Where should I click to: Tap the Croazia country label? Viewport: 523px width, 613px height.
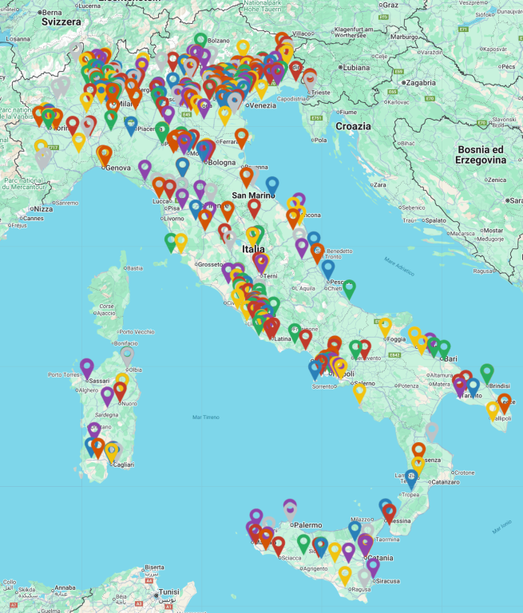click(x=353, y=126)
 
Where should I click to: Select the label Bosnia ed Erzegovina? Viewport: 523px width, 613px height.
click(x=481, y=155)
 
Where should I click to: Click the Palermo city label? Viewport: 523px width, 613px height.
click(x=307, y=525)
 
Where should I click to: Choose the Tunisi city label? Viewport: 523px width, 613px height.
click(x=168, y=592)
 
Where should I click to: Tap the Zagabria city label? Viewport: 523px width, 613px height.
click(x=420, y=82)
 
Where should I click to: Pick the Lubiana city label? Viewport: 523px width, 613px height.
click(x=356, y=68)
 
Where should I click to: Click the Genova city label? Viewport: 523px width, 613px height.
click(x=117, y=168)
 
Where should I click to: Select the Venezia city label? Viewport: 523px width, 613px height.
click(x=261, y=106)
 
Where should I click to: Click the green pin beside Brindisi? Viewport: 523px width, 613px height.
click(x=487, y=372)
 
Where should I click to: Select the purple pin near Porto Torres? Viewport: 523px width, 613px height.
click(x=87, y=367)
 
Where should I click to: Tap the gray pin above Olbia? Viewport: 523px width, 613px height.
click(x=127, y=354)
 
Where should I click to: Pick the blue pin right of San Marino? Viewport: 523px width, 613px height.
click(x=272, y=185)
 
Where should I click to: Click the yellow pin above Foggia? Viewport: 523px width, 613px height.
click(x=386, y=326)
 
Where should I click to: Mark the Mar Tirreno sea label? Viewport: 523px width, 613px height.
click(x=205, y=417)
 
